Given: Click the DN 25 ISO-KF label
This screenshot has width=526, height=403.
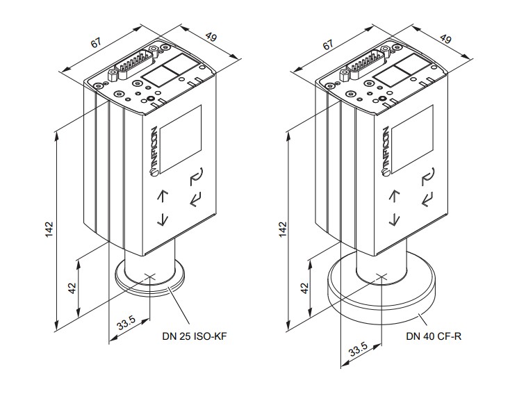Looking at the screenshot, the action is (x=195, y=336).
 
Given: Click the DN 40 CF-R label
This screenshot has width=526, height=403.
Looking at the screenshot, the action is (x=434, y=336).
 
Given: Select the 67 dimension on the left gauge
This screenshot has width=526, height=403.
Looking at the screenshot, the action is (x=95, y=43).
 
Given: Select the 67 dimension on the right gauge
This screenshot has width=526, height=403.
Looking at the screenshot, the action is (x=328, y=44).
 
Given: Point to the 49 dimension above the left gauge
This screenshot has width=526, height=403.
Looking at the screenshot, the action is (x=211, y=36).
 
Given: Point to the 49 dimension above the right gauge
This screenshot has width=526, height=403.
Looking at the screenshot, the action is (x=445, y=38).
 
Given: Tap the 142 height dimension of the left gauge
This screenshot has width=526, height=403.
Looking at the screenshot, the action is (x=49, y=229).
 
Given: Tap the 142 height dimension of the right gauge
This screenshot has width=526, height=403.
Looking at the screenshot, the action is (x=283, y=229).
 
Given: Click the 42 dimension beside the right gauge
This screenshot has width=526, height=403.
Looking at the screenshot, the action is (x=304, y=288).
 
